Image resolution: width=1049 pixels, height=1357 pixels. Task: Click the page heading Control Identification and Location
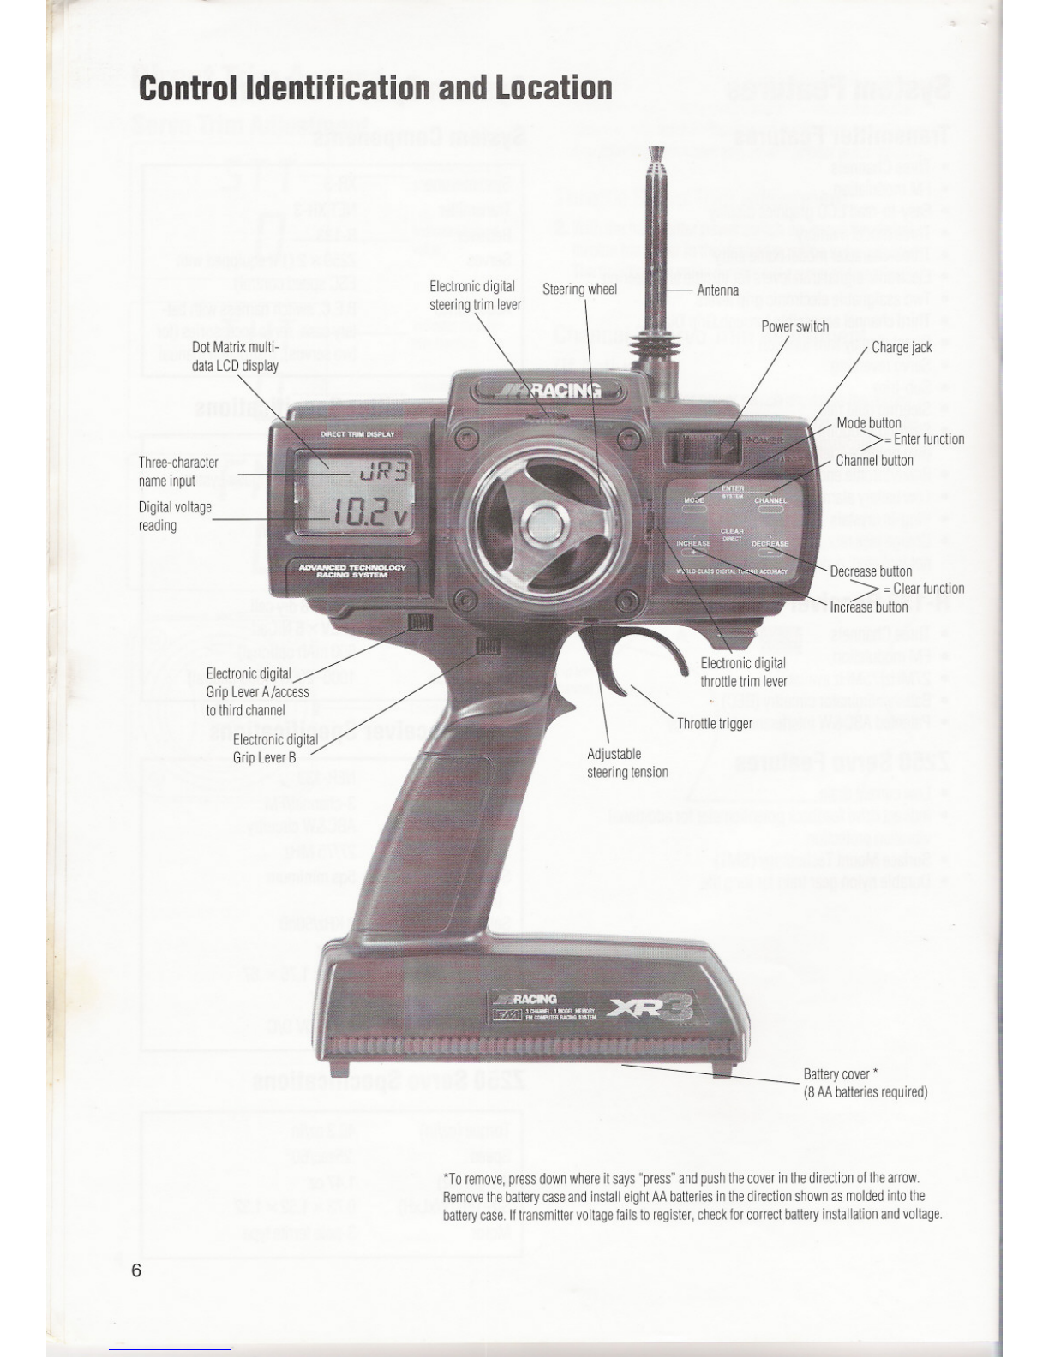[375, 87]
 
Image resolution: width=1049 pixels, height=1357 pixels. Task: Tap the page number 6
[136, 1270]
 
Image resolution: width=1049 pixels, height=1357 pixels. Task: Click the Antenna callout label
[717, 290]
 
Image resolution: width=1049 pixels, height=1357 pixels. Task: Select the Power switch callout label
[794, 326]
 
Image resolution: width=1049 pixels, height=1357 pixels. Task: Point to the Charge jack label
[901, 347]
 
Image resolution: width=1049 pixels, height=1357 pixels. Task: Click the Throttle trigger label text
[714, 724]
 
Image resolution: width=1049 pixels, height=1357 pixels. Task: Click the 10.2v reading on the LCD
[369, 515]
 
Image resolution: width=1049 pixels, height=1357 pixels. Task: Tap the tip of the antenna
[657, 154]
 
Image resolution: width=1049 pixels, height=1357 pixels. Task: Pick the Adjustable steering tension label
[627, 763]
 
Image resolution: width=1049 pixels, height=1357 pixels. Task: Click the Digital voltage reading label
[175, 516]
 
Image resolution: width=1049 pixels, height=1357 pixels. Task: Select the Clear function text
[928, 589]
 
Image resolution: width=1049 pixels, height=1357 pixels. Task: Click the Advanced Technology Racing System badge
[352, 571]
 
